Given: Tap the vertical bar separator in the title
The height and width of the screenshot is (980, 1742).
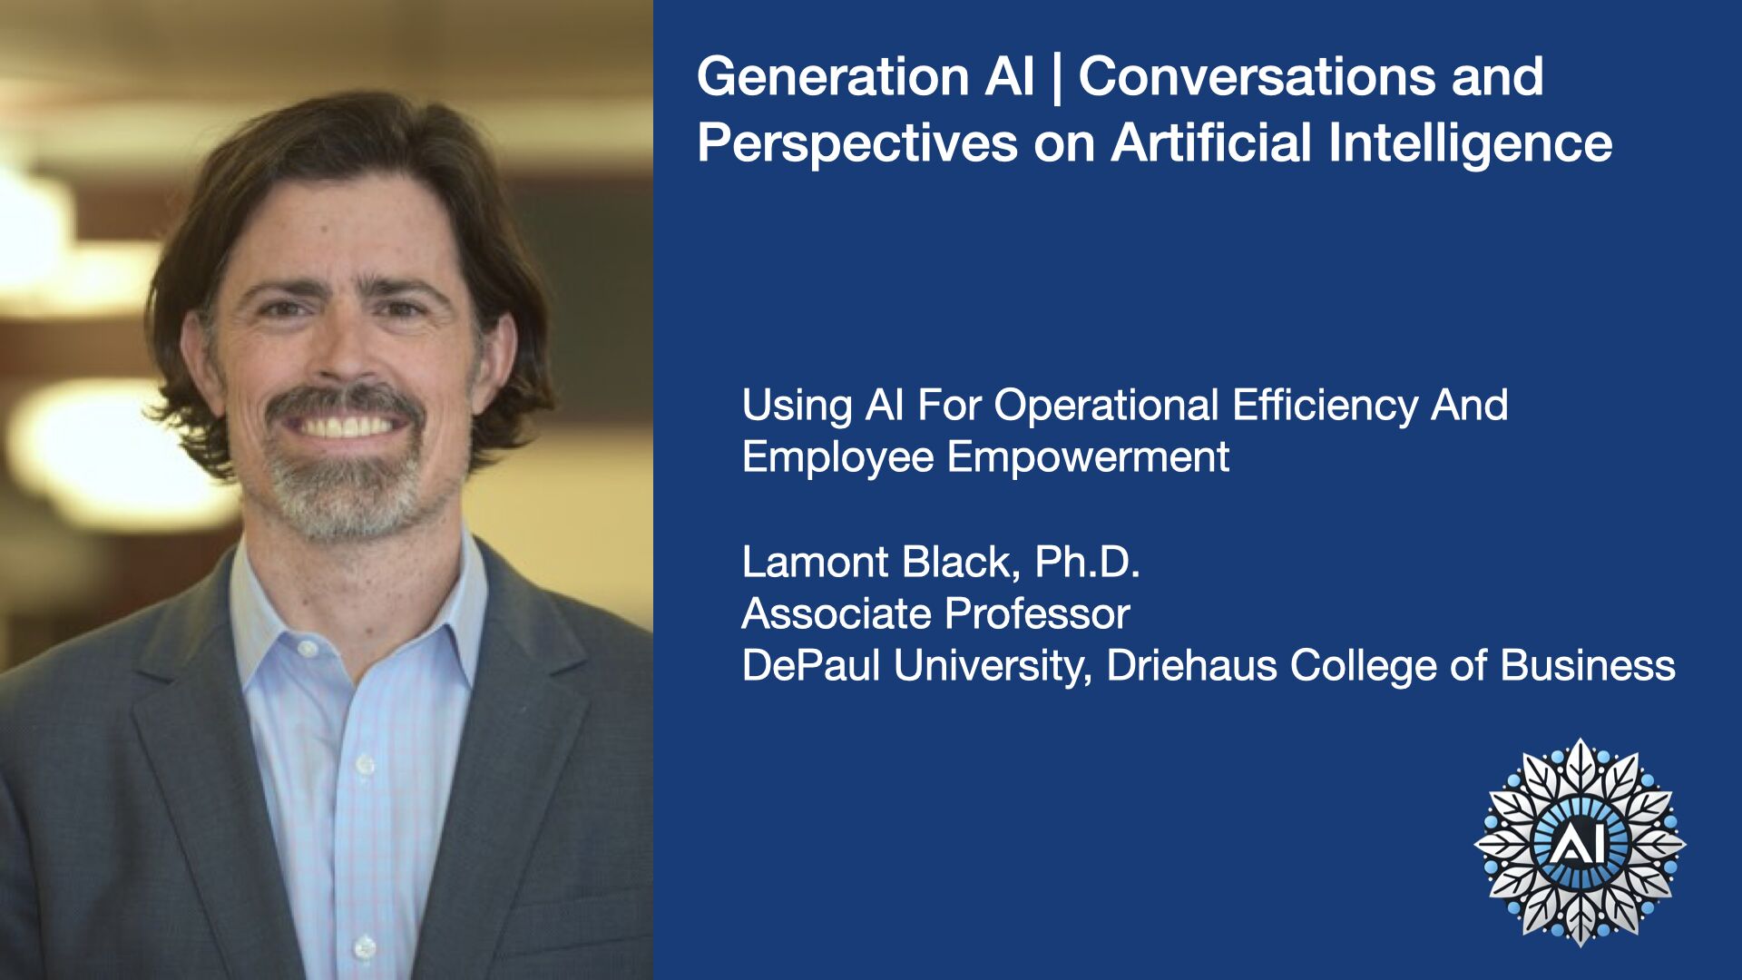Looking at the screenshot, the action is (1056, 79).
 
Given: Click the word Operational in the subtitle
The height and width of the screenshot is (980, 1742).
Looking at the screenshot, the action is (1106, 407).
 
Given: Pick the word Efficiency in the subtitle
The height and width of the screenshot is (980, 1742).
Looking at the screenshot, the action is (1325, 407).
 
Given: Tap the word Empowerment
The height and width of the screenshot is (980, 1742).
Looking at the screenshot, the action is (1088, 456).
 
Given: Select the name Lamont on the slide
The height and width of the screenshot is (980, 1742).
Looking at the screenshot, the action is (815, 563).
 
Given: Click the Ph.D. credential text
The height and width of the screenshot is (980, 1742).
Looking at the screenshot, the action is (1087, 563).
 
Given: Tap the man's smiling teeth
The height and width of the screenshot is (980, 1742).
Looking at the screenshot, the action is (345, 425).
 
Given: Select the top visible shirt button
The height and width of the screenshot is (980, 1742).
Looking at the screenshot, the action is (308, 649).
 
